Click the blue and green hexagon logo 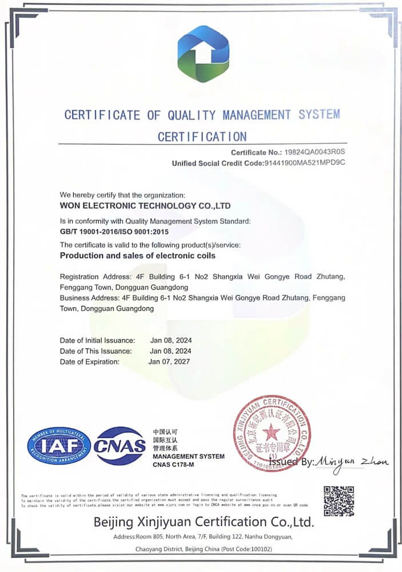click(204, 54)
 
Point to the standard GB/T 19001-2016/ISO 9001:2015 click(115, 232)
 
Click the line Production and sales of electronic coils click(138, 256)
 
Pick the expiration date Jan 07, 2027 click(169, 362)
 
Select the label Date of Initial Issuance click(97, 340)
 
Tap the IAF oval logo click(59, 446)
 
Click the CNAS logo click(120, 446)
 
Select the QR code click(339, 501)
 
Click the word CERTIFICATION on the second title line click(202, 137)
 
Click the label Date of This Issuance click(96, 351)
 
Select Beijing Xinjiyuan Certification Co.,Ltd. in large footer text click(204, 522)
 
